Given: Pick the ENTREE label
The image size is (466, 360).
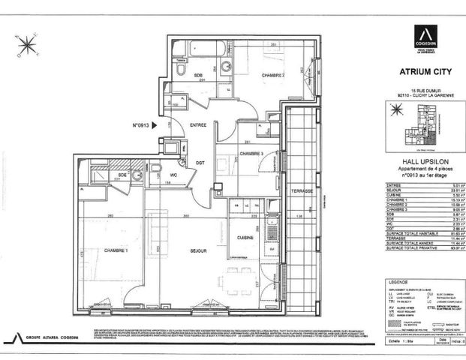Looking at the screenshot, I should tap(198, 124).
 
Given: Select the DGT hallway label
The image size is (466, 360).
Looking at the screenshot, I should tap(200, 163).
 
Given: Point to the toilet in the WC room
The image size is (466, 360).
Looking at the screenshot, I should tap(155, 169).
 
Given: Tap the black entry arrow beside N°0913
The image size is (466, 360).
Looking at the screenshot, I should tap(155, 126).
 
